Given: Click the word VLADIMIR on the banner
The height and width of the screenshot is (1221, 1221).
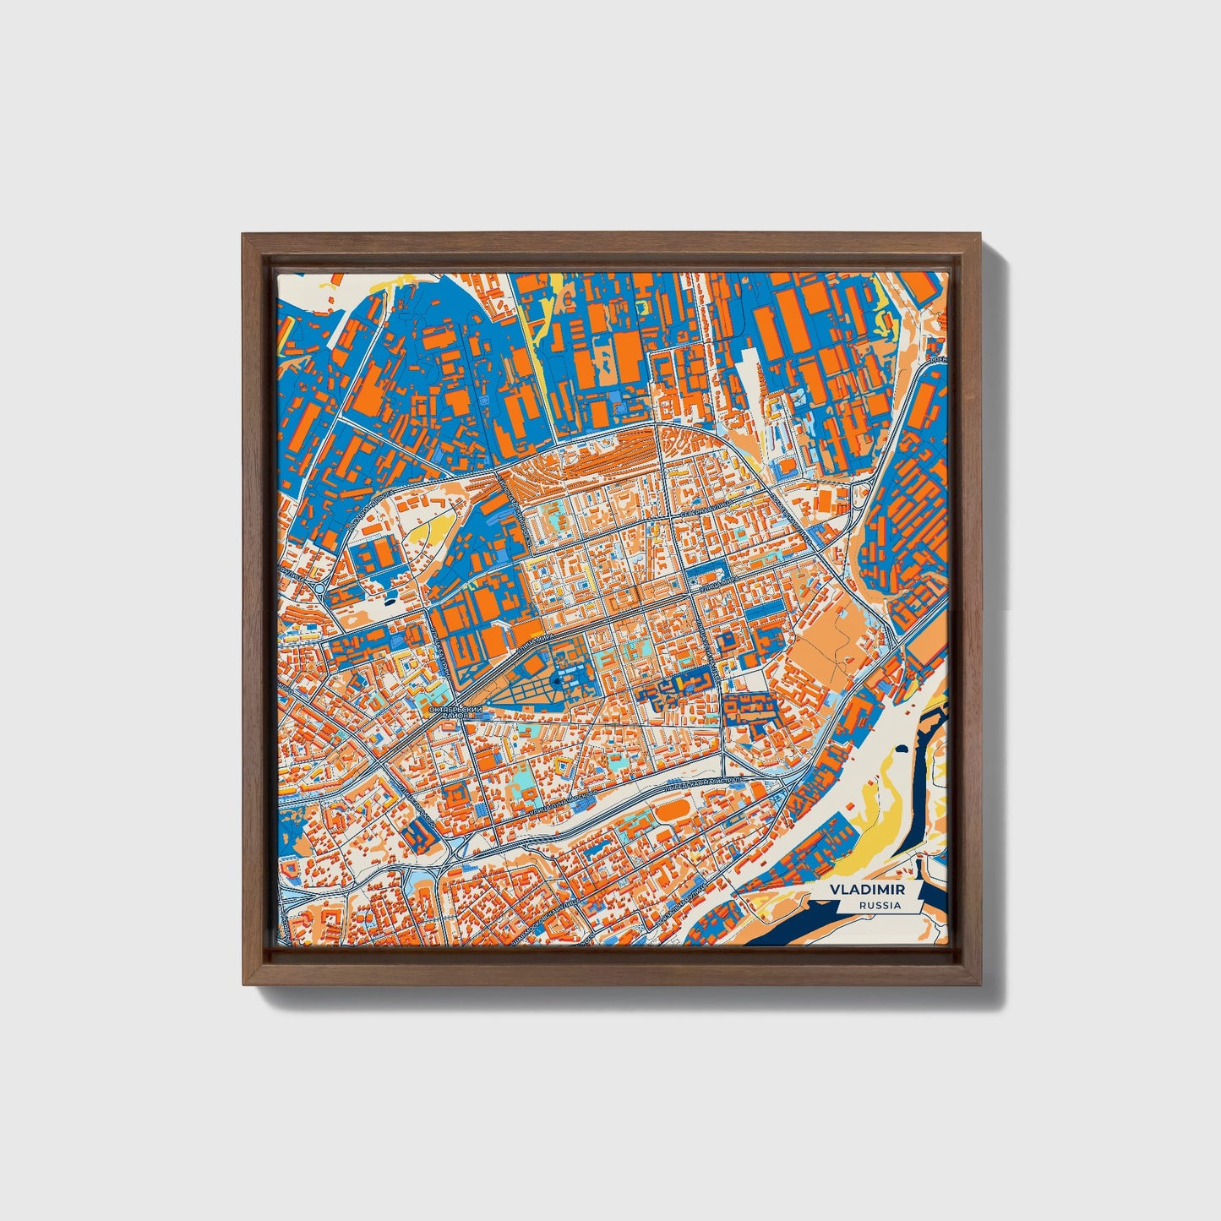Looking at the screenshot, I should pos(867,890).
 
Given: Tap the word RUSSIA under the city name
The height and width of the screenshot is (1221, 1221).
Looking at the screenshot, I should pos(879,905).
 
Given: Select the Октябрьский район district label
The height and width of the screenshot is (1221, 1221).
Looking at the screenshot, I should pos(455,711).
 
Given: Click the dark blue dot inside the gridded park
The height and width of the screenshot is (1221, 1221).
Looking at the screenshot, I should pos(555,680).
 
